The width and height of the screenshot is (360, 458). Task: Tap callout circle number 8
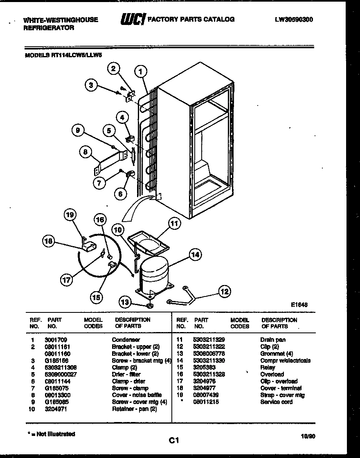85,152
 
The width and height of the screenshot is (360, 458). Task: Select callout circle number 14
195,255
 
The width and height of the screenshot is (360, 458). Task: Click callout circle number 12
224,292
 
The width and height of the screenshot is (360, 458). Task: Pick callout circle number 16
100,220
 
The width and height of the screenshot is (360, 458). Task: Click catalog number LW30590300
295,19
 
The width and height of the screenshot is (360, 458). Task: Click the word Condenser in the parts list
126,340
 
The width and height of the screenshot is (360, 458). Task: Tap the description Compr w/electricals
285,361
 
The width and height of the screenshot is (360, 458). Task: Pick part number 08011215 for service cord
207,402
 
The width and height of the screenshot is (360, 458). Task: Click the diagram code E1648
299,305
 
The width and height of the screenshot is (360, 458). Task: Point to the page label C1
174,440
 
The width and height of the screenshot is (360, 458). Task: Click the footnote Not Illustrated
51,434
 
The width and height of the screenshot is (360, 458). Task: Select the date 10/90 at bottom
307,436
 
